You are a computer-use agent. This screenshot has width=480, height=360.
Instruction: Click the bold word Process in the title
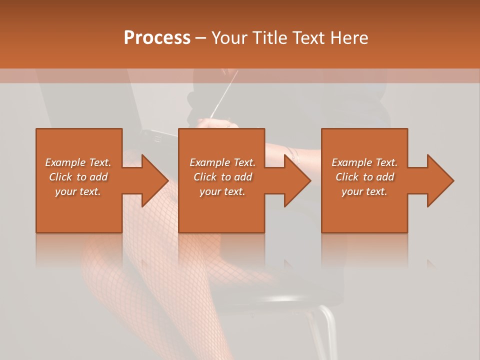point(157,38)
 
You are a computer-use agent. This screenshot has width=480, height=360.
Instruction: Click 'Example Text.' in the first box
point(78,162)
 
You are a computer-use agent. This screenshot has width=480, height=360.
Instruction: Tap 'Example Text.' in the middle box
point(222,162)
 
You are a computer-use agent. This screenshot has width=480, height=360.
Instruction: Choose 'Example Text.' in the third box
point(364,162)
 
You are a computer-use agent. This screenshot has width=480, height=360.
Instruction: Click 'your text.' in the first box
point(78,191)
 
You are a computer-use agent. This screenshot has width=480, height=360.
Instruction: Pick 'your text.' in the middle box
point(222,191)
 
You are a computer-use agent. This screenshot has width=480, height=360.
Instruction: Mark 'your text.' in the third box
point(364,191)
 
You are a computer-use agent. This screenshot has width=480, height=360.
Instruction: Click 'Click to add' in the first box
point(78,177)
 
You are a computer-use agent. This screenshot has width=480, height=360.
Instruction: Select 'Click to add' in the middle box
point(222,177)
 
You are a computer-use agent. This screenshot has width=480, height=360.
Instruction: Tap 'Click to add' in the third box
point(364,177)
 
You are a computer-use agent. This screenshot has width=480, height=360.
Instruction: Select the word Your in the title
point(228,38)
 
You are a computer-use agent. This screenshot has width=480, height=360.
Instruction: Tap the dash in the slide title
point(201,38)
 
